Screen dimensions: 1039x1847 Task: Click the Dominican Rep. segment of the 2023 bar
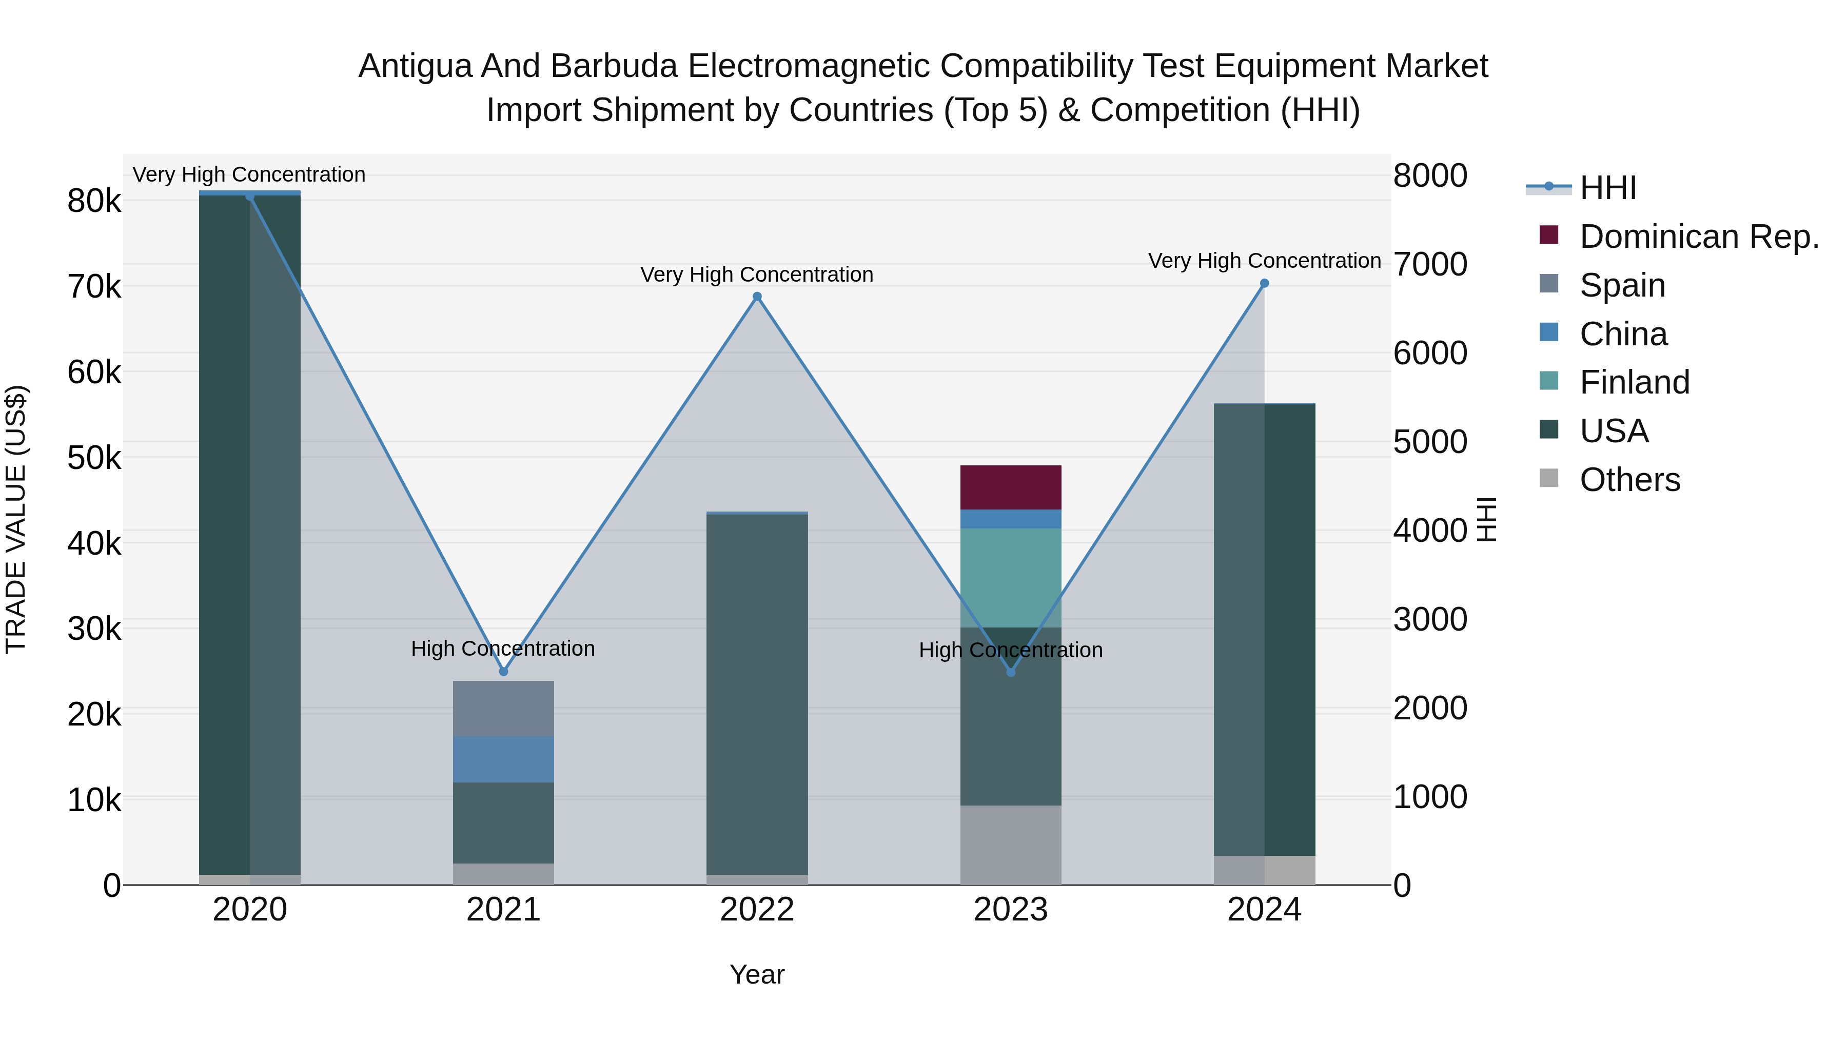click(x=1010, y=487)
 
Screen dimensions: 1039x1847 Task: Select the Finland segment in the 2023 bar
click(x=1010, y=577)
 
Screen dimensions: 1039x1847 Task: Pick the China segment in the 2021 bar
click(x=503, y=759)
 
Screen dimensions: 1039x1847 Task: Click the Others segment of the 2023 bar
click(x=1010, y=844)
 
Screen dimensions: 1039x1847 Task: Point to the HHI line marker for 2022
click(x=756, y=296)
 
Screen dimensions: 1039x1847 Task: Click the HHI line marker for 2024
click(x=1264, y=283)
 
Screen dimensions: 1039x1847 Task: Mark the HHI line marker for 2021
click(x=503, y=671)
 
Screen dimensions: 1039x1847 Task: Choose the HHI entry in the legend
click(x=1607, y=188)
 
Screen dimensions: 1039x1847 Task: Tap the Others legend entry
click(x=1629, y=479)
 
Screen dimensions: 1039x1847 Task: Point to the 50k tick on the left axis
click(x=94, y=458)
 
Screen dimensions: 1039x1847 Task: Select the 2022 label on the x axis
click(x=756, y=909)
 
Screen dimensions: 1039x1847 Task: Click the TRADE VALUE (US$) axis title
click(x=16, y=519)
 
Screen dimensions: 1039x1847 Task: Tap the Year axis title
click(x=756, y=974)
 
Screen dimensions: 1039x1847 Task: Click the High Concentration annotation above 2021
click(x=503, y=648)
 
